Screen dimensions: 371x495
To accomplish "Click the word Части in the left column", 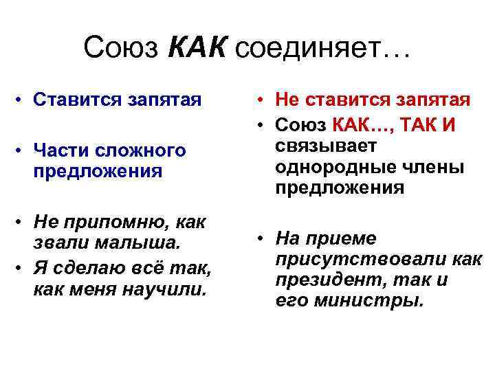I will (x=58, y=150).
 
